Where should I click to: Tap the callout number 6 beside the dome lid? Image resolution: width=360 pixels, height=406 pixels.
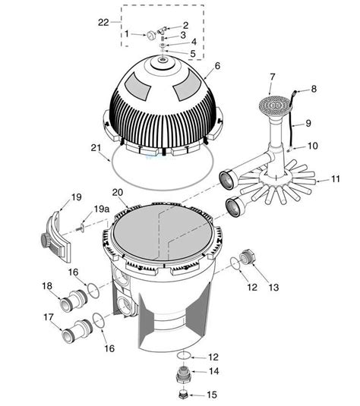point(217,65)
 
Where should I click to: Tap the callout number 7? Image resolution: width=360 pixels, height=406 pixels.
point(273,77)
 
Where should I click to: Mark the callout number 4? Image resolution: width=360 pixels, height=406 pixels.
point(193,42)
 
